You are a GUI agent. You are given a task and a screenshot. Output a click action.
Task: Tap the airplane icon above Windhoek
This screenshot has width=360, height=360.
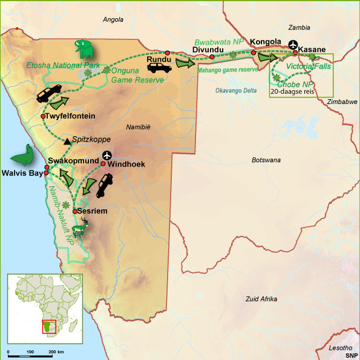pos(108,155)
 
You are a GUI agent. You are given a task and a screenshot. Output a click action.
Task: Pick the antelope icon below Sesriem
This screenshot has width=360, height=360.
pos(80,228)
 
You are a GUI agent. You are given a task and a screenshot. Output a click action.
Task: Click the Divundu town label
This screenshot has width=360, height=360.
pos(208,49)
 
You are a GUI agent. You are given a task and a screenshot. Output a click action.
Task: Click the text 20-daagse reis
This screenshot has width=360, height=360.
pos(293,93)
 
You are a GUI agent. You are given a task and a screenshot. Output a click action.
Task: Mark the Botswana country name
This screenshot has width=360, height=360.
pos(266,160)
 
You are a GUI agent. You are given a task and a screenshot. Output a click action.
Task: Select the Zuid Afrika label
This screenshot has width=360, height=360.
pos(261,299)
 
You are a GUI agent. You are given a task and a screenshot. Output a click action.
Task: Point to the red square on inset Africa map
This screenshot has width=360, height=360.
pos(48,327)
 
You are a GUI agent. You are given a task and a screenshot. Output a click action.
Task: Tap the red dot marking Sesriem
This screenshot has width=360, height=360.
pos(74,211)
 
